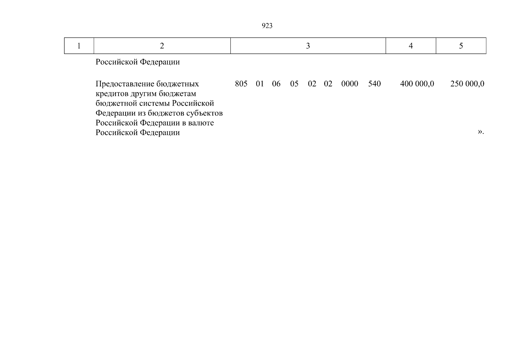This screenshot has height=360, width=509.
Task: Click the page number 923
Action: [267, 26]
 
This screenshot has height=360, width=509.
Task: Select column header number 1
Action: [79, 46]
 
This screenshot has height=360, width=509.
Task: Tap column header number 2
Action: [162, 46]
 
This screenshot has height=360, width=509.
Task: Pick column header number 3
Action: [308, 46]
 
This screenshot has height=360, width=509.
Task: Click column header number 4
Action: [411, 46]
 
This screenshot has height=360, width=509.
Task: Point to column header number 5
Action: [461, 46]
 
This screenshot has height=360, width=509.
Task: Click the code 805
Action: [241, 84]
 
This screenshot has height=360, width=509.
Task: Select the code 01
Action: [260, 84]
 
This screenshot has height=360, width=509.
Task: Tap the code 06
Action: [276, 84]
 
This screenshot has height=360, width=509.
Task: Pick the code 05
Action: [294, 84]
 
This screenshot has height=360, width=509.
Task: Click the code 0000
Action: [350, 84]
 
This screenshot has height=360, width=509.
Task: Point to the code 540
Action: [374, 84]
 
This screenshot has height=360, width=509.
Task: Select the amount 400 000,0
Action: [417, 84]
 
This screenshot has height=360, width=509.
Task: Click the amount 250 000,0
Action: [467, 84]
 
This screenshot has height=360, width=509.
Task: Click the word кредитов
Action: [112, 94]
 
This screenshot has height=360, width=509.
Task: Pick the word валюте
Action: [202, 123]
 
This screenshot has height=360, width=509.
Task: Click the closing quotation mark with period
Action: [481, 132]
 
